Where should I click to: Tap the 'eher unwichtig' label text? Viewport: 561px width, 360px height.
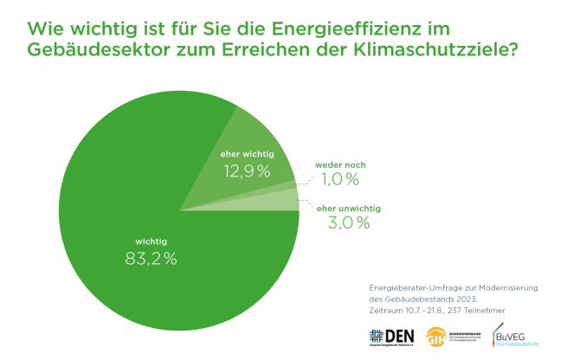(x=349, y=208)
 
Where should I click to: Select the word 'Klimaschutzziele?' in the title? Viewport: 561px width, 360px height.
(x=445, y=49)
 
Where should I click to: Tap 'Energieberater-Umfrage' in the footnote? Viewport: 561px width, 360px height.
(x=405, y=285)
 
